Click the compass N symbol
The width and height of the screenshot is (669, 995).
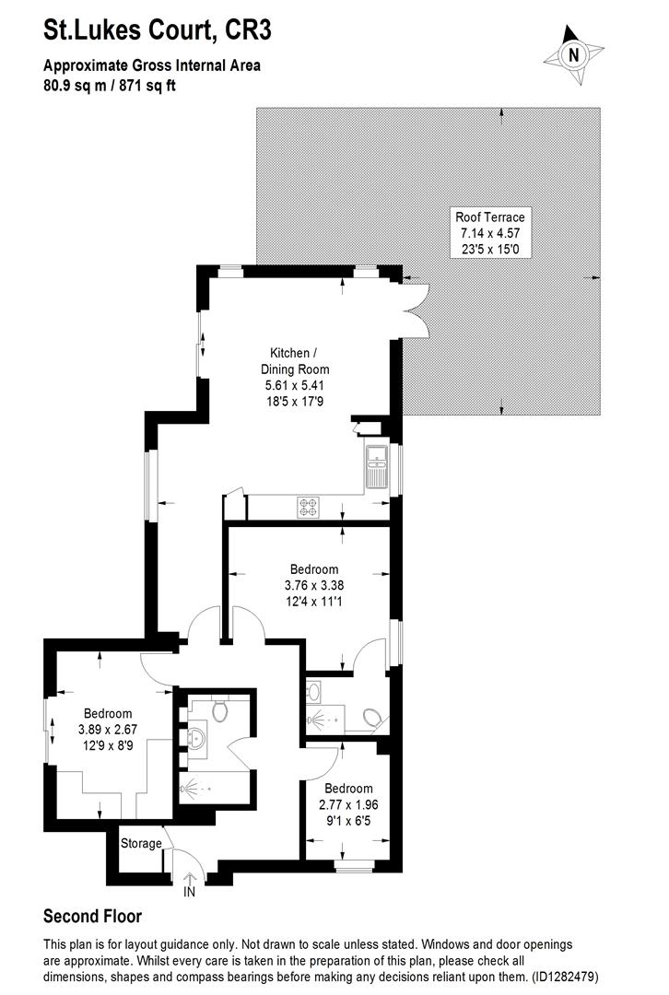(x=574, y=54)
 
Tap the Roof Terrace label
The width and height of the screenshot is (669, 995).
(x=489, y=217)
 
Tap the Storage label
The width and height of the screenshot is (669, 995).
(x=141, y=844)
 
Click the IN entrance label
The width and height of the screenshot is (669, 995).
(x=190, y=892)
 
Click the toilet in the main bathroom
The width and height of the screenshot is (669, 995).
(x=219, y=710)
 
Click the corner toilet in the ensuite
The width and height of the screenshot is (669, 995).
(x=374, y=718)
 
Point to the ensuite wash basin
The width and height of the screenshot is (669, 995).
(x=316, y=690)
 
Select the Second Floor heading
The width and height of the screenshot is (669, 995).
(x=92, y=917)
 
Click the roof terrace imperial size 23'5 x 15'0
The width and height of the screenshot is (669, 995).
(x=489, y=249)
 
